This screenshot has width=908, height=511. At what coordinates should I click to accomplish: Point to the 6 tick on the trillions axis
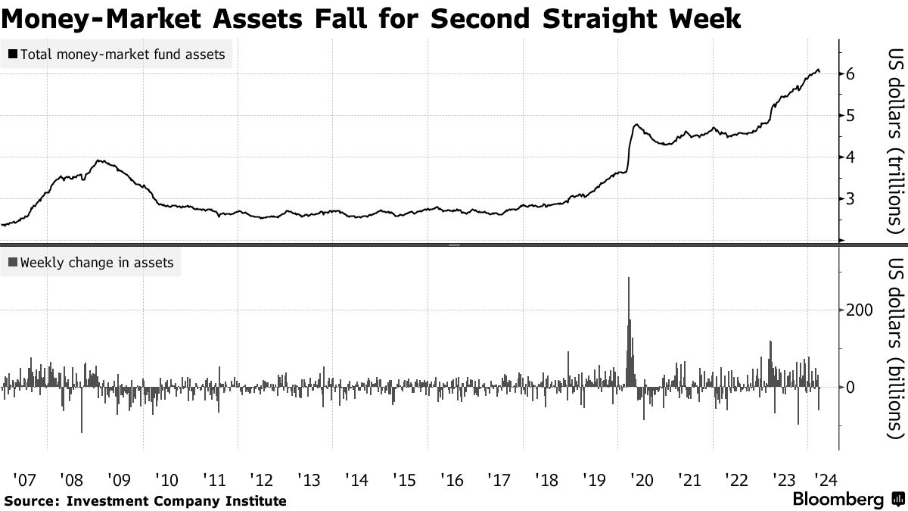851,74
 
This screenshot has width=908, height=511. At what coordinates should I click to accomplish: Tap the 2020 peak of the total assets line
634,125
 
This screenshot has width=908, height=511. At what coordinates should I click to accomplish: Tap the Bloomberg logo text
838,500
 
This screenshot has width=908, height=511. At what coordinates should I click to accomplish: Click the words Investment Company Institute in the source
176,500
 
